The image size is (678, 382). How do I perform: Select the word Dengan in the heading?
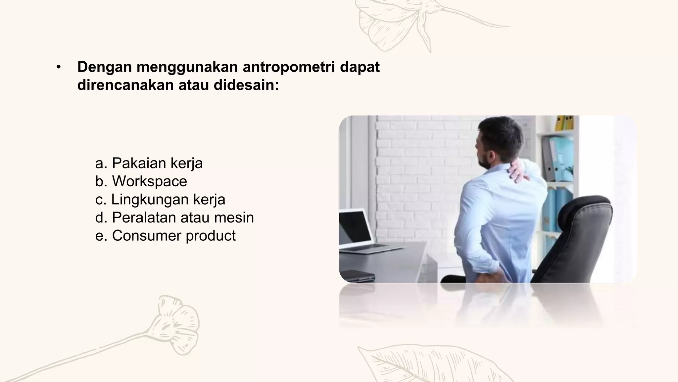click(104, 67)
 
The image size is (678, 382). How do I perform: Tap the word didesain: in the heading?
click(246, 85)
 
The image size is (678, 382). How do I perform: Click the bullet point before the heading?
click(59, 67)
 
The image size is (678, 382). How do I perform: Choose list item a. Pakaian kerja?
click(149, 163)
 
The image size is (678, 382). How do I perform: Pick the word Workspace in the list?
click(149, 181)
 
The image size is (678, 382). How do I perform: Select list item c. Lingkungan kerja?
click(160, 200)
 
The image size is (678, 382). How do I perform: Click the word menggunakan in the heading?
click(187, 67)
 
